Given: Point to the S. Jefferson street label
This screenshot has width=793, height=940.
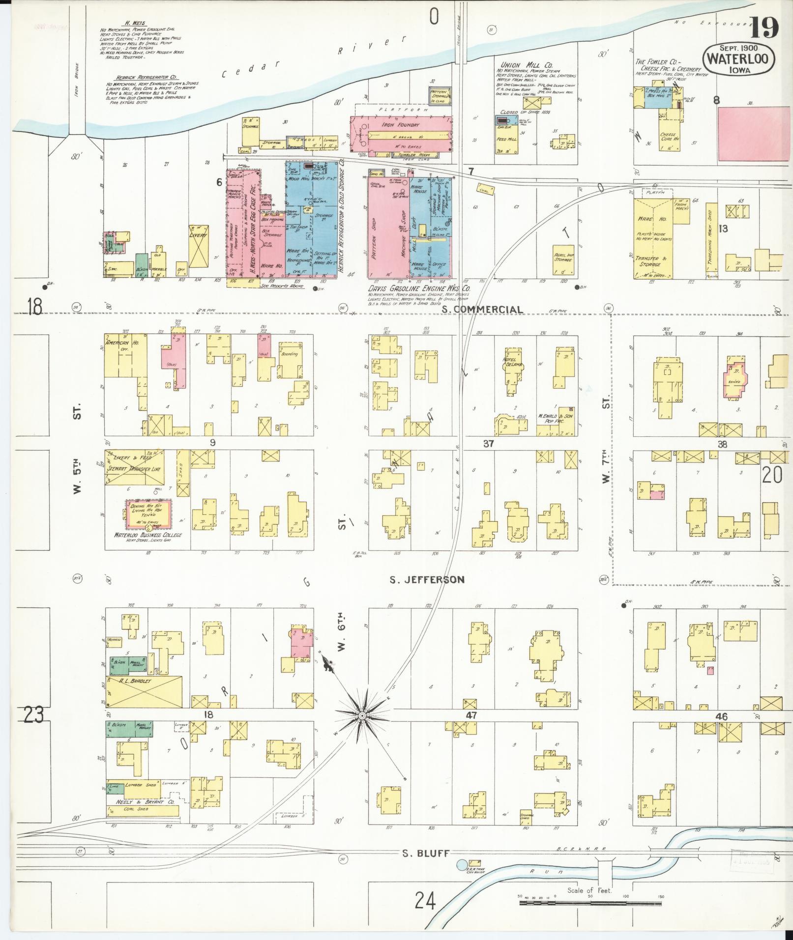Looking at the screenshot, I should (x=427, y=580).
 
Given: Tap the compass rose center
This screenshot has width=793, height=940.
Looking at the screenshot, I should (x=362, y=715).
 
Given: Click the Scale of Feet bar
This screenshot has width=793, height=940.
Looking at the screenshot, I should (x=590, y=903).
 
